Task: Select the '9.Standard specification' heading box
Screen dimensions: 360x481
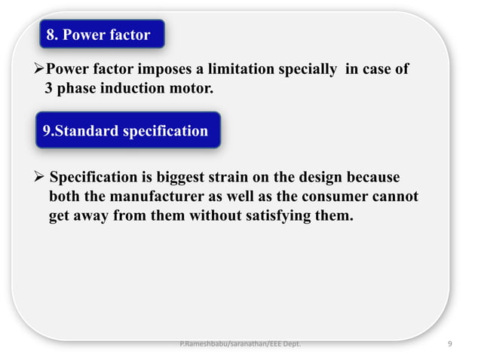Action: click(126, 130)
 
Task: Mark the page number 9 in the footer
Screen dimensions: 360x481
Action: click(449, 345)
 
